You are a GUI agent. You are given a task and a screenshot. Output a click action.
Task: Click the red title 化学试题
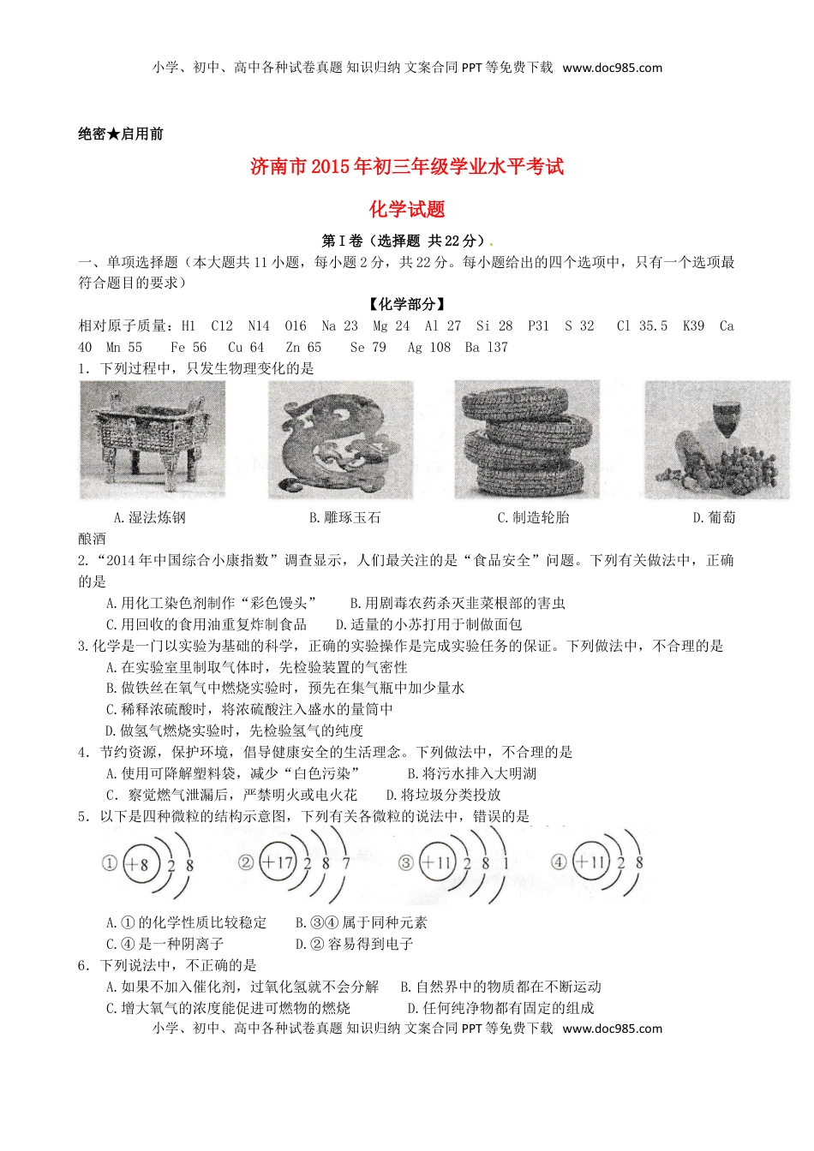[x=407, y=209]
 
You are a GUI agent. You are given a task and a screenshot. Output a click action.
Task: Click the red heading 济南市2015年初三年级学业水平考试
[x=407, y=166]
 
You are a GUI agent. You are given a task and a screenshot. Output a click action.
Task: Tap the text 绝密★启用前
[x=121, y=134]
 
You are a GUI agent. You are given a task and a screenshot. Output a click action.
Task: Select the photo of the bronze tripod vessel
[x=153, y=439]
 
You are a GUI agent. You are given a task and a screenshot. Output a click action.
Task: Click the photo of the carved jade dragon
[x=340, y=439]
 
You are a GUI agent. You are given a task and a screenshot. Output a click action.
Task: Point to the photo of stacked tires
[x=527, y=439]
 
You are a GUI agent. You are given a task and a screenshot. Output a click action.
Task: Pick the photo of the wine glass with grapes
[x=716, y=439]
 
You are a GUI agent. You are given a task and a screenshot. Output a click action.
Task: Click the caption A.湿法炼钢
[x=149, y=517]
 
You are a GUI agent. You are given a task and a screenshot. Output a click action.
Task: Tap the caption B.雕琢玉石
[x=344, y=517]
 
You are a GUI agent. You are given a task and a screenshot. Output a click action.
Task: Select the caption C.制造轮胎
[x=533, y=517]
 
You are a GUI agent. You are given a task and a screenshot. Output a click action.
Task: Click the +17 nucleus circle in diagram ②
[x=278, y=862]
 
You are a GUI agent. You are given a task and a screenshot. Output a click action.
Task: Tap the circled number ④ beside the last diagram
[x=559, y=862]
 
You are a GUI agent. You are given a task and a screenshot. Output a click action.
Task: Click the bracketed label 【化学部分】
[x=407, y=304]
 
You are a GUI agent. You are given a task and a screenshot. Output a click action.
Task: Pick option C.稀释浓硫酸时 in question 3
[x=249, y=709]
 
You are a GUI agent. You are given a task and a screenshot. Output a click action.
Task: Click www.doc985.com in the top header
[x=612, y=68]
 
